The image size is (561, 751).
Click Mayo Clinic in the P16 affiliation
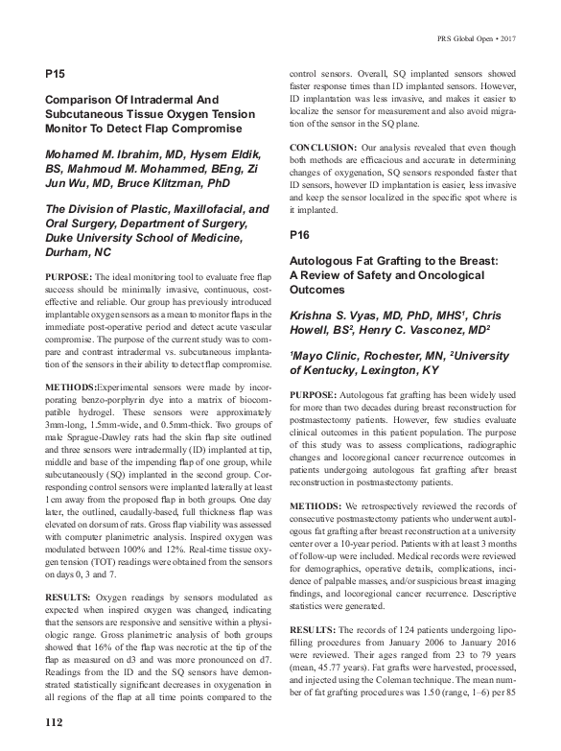click(x=324, y=354)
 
